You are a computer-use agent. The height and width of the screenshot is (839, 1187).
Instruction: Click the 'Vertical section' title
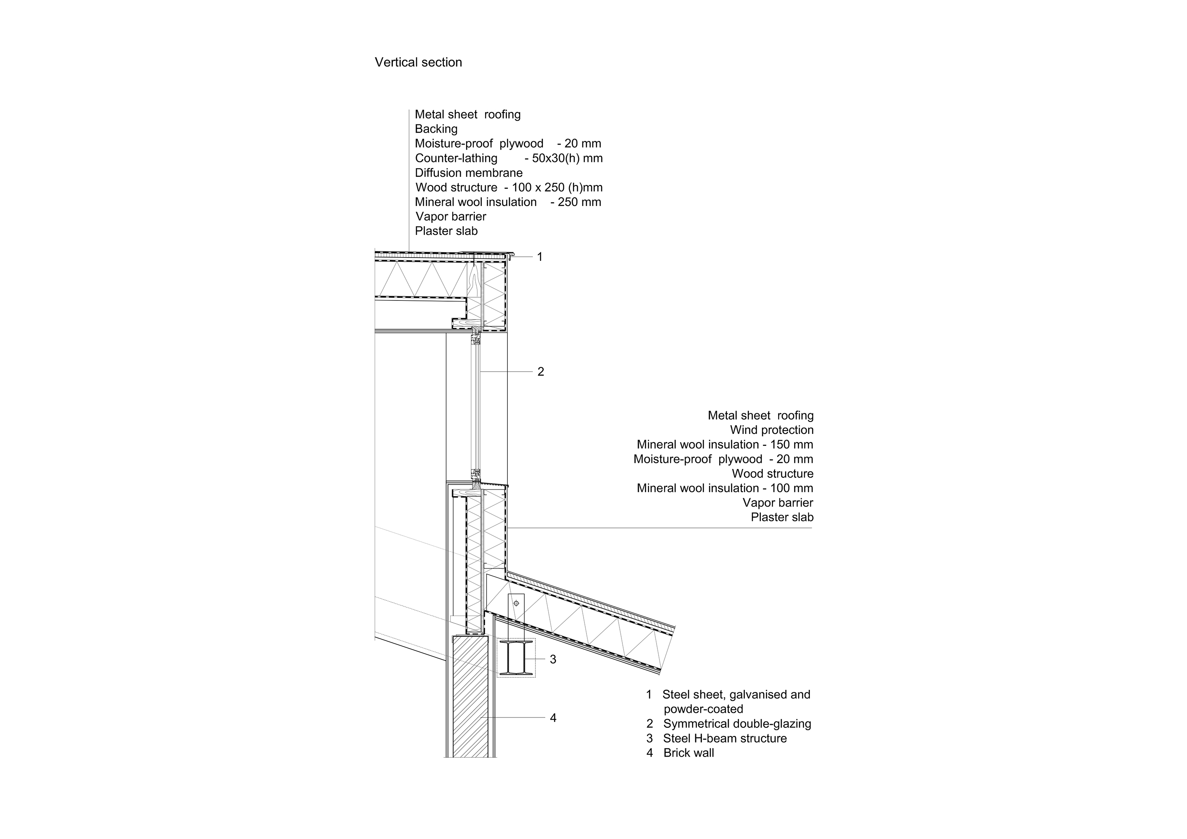pos(418,63)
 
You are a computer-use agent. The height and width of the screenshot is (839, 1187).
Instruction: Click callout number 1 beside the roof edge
pos(540,257)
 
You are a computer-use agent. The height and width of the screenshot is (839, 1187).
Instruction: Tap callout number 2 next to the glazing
pos(541,372)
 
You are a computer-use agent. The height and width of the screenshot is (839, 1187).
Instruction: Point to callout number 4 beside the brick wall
pos(553,718)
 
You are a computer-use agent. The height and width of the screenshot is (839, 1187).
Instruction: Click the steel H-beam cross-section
pos(516,658)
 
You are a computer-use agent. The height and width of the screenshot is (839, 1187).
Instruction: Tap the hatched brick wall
pos(470,698)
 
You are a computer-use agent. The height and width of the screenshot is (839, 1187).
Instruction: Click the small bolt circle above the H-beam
pos(516,603)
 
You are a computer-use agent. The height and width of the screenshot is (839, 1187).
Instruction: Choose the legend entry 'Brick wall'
pos(688,753)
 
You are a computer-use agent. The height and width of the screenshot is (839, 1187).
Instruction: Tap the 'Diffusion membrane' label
pos(468,173)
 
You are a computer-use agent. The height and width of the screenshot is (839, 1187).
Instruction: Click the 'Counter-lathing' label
pos(456,158)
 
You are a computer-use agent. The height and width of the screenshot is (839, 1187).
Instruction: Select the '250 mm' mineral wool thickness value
pos(575,202)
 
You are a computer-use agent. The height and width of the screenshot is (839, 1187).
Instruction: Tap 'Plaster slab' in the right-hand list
pos(782,518)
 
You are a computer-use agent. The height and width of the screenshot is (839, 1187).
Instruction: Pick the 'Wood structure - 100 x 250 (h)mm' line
pos(509,187)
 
